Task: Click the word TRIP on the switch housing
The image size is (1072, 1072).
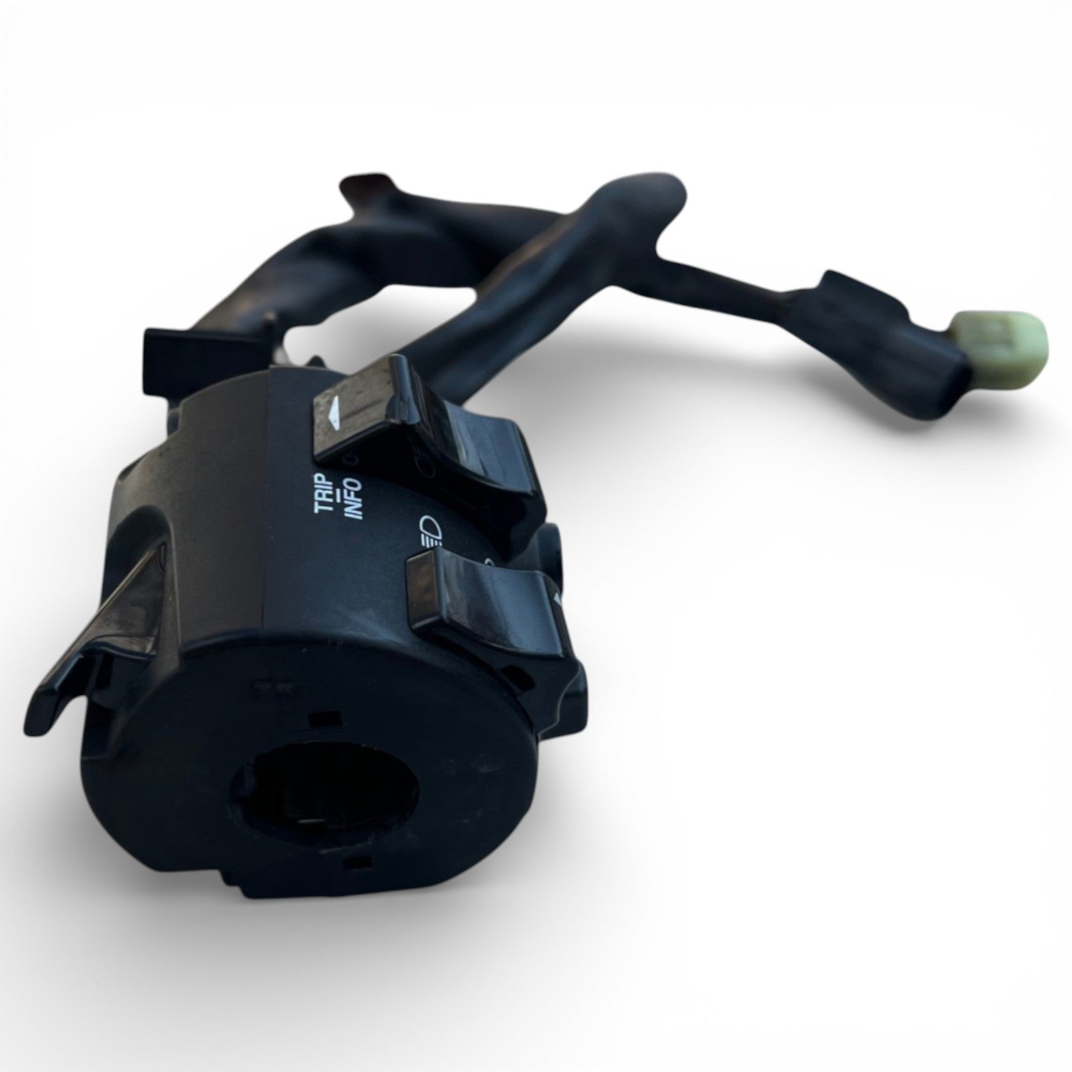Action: [325, 492]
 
